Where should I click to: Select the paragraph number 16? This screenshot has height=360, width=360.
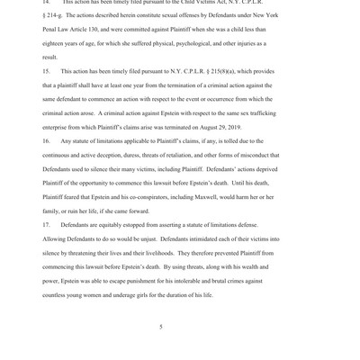coord(47,141)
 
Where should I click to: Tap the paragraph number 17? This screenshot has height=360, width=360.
coord(47,225)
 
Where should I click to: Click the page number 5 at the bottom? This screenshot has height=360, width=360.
coord(161,327)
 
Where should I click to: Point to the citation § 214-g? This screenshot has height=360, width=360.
coord(55,15)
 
